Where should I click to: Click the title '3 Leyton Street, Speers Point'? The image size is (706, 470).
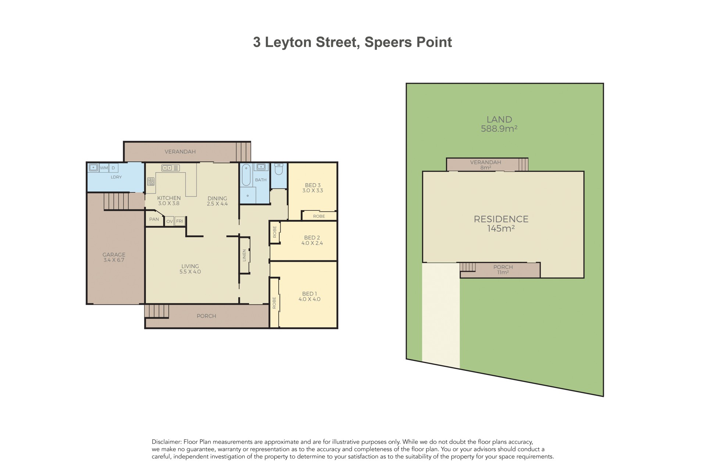(352, 42)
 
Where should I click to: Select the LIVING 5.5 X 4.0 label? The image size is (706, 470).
(190, 269)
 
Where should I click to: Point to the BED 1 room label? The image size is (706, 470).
(309, 296)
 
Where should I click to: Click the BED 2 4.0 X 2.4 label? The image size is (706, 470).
(312, 240)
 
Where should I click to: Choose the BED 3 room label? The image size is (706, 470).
(313, 188)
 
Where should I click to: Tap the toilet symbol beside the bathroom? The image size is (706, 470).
(278, 169)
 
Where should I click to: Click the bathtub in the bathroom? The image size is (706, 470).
(246, 175)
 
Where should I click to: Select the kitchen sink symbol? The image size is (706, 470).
(170, 168)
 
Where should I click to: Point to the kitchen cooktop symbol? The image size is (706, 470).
(151, 181)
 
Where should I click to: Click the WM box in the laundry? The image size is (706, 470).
(104, 168)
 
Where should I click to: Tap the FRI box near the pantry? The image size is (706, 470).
(179, 221)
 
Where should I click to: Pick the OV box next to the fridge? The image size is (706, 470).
(170, 221)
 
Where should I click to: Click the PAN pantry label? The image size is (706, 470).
(154, 219)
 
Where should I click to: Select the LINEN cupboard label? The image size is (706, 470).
(244, 255)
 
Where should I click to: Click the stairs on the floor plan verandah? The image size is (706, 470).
(243, 152)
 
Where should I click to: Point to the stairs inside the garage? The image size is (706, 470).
(116, 201)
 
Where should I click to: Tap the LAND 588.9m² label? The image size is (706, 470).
(499, 124)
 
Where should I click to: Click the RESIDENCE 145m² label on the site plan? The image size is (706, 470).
(501, 223)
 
